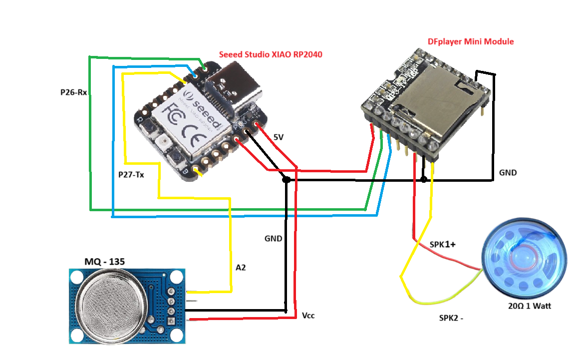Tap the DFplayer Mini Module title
[x=471, y=41]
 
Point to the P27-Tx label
[x=131, y=175]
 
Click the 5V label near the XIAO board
[x=278, y=137]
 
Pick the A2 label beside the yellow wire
[x=241, y=268]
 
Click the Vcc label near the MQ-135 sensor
[x=308, y=316]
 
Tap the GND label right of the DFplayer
[x=508, y=173]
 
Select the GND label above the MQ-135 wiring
[x=273, y=239]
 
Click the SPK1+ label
[x=443, y=245]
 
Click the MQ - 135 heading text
[x=104, y=262]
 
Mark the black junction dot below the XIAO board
[x=286, y=179]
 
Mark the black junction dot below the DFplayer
[x=423, y=179]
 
